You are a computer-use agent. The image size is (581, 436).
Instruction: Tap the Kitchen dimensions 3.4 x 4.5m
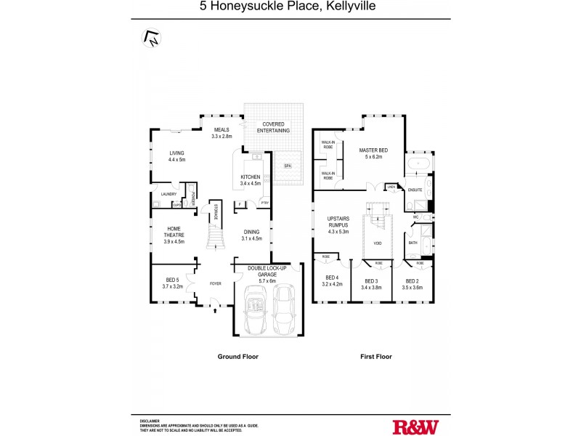(251, 184)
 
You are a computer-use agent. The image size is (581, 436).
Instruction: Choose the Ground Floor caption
(237, 357)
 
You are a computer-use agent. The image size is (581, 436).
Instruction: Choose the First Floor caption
(375, 357)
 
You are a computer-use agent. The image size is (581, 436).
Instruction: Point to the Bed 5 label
(172, 280)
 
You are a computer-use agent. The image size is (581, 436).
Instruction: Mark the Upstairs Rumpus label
(339, 222)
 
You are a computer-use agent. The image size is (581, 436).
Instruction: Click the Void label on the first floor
(377, 243)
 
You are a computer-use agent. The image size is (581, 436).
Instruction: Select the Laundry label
(168, 195)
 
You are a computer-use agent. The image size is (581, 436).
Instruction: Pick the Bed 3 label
(371, 280)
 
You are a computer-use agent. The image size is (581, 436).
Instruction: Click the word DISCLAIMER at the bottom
(150, 421)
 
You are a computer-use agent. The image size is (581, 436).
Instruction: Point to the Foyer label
(216, 283)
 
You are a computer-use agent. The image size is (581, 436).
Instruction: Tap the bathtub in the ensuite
(420, 165)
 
